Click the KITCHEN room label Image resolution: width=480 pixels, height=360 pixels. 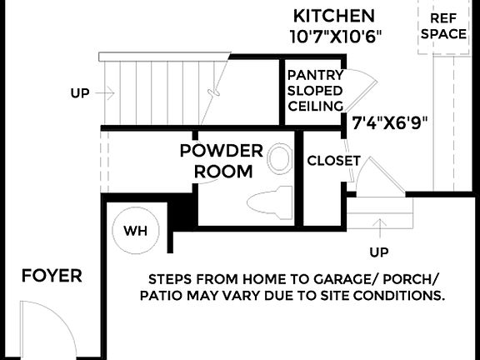(x=334, y=15)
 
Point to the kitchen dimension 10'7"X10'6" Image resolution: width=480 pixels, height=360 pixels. (x=334, y=36)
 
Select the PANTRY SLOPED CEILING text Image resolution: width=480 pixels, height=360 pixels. (x=315, y=90)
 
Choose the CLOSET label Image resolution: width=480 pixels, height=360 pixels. (x=333, y=161)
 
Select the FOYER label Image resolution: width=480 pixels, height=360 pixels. (x=52, y=276)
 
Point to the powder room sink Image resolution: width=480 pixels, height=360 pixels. (x=281, y=157)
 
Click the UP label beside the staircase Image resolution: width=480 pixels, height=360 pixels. (x=80, y=93)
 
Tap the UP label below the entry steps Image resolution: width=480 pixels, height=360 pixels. (x=378, y=251)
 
